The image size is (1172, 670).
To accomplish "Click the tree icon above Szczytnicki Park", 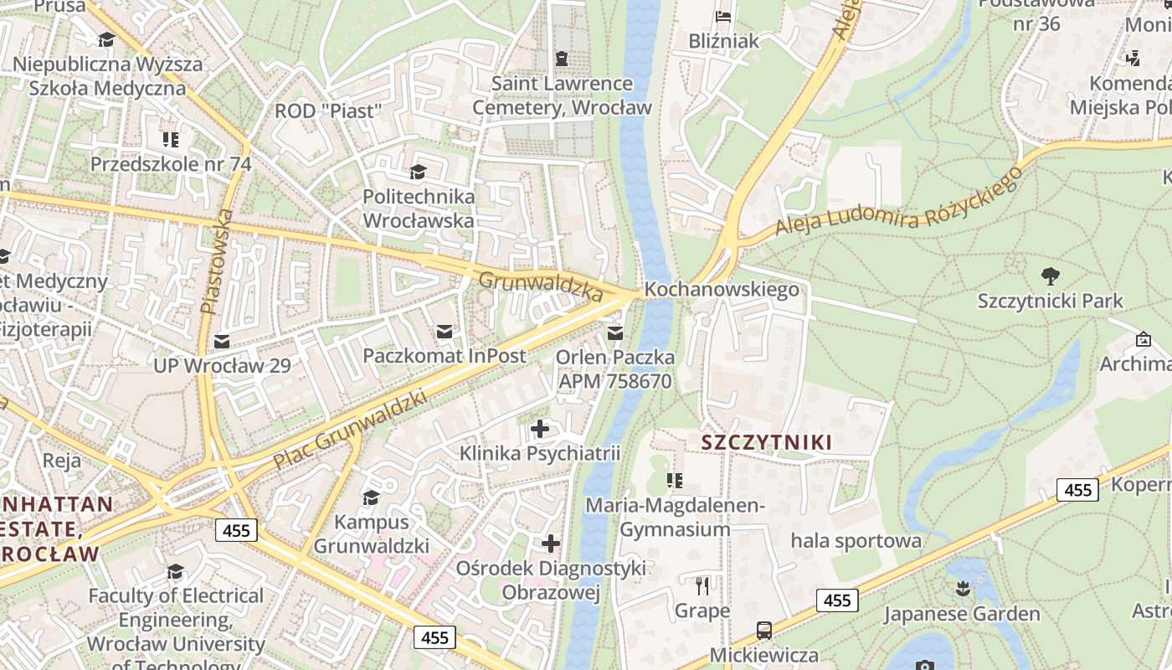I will pos(1050,276).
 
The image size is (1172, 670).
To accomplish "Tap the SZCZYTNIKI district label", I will pos(766,442).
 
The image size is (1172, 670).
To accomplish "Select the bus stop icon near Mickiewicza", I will pos(763,630).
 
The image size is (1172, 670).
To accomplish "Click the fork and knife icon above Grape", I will pos(702,585).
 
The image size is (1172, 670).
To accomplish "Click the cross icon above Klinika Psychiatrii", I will pos(540,429).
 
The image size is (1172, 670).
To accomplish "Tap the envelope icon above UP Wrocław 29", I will pos(222,341).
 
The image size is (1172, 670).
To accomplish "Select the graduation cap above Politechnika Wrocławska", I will pos(417,172).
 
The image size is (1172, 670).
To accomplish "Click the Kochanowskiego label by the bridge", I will pos(722,290).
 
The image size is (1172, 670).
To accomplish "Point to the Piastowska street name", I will pos(216,261).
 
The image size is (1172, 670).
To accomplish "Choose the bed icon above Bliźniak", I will pos(723,16).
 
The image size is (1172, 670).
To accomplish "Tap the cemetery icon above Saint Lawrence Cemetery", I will pos(561,58).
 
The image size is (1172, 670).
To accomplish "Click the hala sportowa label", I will pos(856,540).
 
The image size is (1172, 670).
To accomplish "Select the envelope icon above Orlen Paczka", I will pos(615,332).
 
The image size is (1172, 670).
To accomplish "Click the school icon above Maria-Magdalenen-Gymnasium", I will pos(674,480).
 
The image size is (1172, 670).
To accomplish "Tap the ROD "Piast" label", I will pos(328,111).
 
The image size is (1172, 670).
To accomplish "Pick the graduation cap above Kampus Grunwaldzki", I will pos(371,497).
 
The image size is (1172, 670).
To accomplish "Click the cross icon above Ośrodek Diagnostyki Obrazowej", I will pos(550,543).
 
